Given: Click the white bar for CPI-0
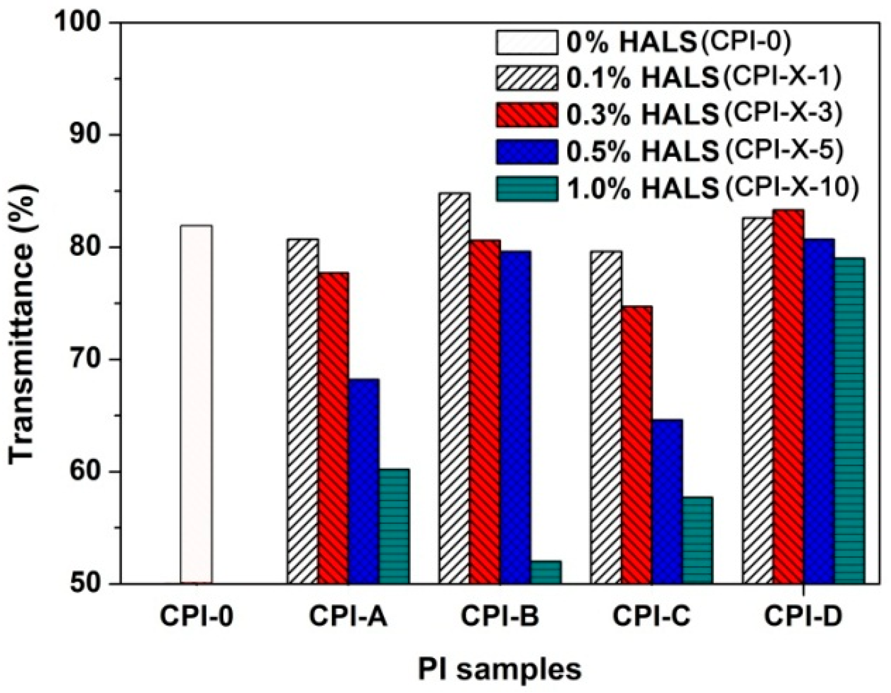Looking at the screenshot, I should pyautogui.click(x=196, y=404).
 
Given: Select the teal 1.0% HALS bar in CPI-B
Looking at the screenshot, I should pyautogui.click(x=546, y=572).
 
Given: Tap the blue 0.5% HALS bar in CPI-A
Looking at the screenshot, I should pyautogui.click(x=364, y=481).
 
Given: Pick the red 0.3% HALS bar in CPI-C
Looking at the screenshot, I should pyautogui.click(x=637, y=444).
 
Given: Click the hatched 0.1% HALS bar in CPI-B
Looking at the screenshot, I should pyautogui.click(x=454, y=388).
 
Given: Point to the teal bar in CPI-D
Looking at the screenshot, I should pyautogui.click(x=849, y=420).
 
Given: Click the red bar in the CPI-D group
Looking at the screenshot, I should pyautogui.click(x=788, y=396).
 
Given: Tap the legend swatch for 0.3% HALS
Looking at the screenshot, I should pyautogui.click(x=527, y=115).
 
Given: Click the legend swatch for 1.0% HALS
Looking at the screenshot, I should pyautogui.click(x=527, y=189).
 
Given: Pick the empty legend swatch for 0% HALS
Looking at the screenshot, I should pyautogui.click(x=527, y=42).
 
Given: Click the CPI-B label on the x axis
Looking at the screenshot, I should pyautogui.click(x=500, y=617).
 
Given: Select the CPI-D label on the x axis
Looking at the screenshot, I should pyautogui.click(x=803, y=617).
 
